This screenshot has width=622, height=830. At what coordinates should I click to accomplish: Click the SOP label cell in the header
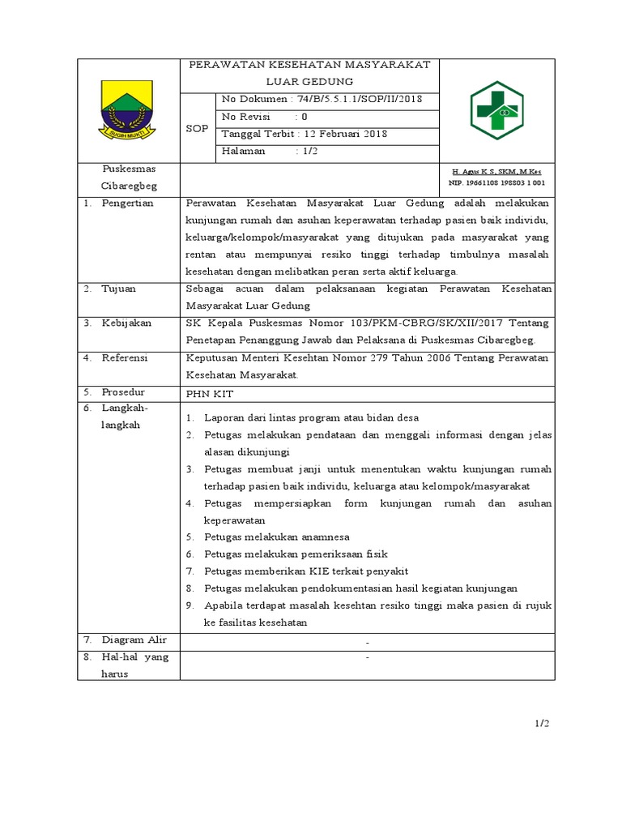(x=198, y=128)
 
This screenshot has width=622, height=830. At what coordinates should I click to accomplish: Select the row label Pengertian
(x=127, y=203)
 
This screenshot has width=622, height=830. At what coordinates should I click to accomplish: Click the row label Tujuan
(x=118, y=289)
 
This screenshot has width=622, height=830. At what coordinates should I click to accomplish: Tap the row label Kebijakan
(x=126, y=323)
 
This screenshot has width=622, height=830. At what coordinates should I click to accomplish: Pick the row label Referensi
(x=126, y=357)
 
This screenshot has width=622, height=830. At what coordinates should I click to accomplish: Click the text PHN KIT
(x=209, y=392)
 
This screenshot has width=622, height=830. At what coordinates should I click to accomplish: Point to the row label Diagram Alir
(x=134, y=640)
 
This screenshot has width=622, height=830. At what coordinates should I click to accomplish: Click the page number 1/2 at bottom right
(x=541, y=723)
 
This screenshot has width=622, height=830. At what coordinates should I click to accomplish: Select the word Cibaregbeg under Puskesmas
(x=129, y=186)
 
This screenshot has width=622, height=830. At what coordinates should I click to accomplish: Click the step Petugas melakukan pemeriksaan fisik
(x=296, y=554)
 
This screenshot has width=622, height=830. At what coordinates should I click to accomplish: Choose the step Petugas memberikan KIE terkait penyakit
(x=305, y=571)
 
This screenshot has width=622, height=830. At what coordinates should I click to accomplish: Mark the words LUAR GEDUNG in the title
(x=309, y=81)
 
